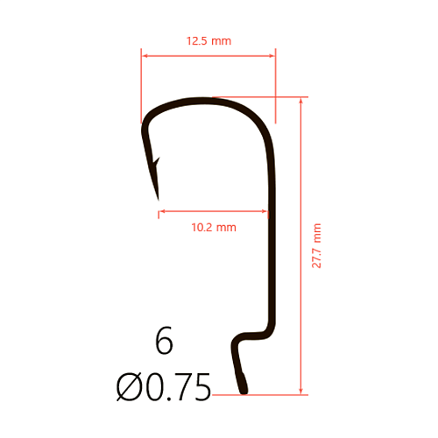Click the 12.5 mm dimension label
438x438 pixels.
208,41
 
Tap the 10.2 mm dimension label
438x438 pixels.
214,228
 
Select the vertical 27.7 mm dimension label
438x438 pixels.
316,245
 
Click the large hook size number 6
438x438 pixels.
164,341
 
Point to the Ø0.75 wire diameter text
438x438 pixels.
164,387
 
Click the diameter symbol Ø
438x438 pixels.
128,387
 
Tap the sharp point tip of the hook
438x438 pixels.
159,200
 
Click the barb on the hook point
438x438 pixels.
157,161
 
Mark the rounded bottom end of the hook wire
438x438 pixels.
244,392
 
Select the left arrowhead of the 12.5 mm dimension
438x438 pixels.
144,55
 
